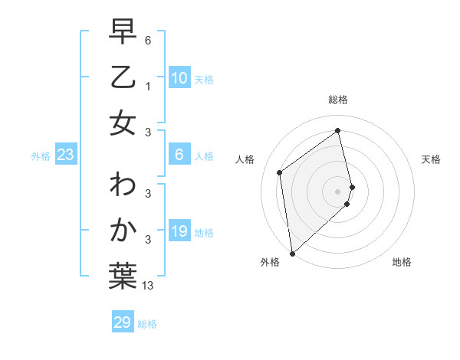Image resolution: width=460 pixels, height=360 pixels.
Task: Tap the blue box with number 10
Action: (x=179, y=78)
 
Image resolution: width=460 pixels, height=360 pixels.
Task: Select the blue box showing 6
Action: (x=179, y=155)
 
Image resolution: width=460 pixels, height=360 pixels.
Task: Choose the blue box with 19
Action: (x=179, y=232)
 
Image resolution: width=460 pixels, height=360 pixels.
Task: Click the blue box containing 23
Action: (x=65, y=155)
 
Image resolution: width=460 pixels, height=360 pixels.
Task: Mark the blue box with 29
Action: (x=122, y=322)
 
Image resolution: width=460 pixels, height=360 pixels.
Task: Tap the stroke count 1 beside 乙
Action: (x=147, y=86)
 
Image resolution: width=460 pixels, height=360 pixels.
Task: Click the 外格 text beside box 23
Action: (x=41, y=156)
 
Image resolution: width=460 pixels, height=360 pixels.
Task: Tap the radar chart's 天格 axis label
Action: (x=431, y=159)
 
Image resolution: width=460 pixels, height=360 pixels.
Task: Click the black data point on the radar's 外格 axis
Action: (x=292, y=253)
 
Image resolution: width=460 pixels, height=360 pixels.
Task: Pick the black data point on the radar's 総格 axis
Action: (x=338, y=130)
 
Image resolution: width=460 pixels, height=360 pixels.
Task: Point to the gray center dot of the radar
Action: (x=338, y=191)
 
